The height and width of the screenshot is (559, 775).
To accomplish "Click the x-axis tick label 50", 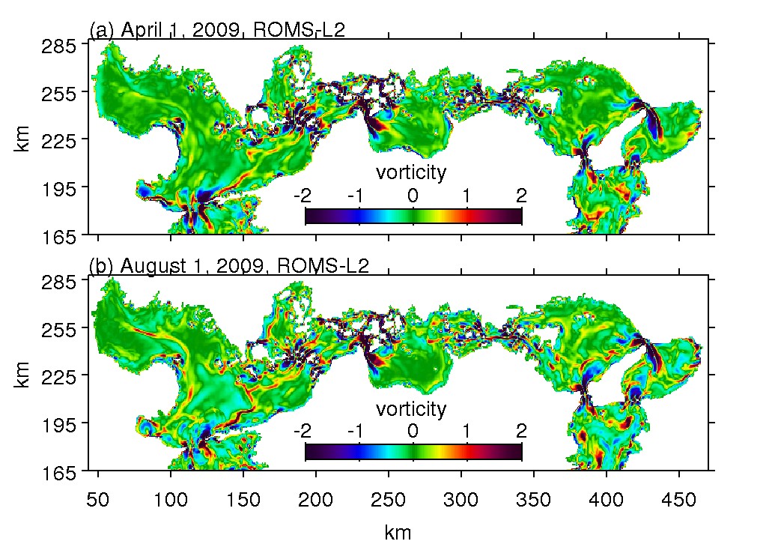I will (98, 498).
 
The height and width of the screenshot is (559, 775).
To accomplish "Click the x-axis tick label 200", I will (315, 498).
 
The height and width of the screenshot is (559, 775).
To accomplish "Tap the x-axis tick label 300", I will (461, 498).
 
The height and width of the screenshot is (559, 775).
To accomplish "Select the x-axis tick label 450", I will (678, 498).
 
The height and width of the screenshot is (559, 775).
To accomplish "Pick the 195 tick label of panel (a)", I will (62, 187).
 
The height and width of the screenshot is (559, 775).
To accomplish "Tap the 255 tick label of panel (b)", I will (62, 329).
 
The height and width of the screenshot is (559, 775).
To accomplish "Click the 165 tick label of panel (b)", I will (62, 471).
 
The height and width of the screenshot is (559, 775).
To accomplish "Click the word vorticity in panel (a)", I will (411, 172).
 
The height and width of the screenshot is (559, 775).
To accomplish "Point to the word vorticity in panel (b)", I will (411, 409).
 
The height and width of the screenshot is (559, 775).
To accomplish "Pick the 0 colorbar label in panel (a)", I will (413, 196).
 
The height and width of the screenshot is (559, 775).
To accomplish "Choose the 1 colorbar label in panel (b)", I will (466, 432).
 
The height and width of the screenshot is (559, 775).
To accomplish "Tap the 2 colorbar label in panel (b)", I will (521, 432).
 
